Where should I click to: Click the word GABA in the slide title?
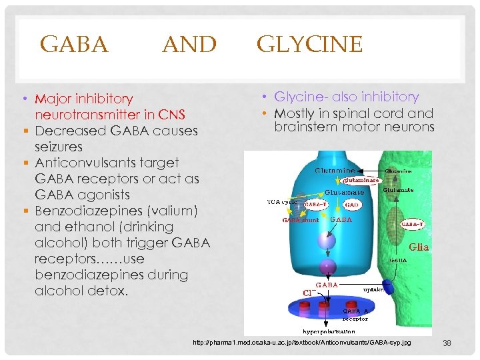coord(74,45)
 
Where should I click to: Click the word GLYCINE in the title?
coord(309,45)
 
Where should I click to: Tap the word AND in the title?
coord(189,45)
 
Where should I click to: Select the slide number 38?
coord(447,343)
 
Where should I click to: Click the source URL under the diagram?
coord(301,343)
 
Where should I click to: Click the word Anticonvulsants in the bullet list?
coord(107,163)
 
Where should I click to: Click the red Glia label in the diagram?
coord(418,246)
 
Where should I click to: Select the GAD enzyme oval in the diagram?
coord(353,205)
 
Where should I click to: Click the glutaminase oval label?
coord(361,180)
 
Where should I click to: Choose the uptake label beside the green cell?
coord(372,290)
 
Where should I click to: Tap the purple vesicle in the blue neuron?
coord(327,267)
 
